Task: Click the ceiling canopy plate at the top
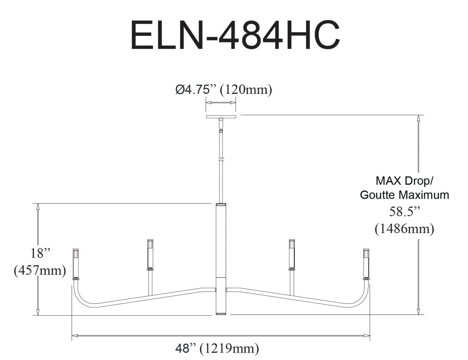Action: click(221, 116)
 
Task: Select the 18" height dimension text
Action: click(41, 253)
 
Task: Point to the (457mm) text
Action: click(39, 270)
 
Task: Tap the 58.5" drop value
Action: click(404, 212)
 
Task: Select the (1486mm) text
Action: click(404, 229)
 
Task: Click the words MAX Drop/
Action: click(404, 181)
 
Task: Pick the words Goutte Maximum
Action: click(404, 195)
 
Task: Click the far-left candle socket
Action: click(76, 264)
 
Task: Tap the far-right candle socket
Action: click(366, 264)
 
